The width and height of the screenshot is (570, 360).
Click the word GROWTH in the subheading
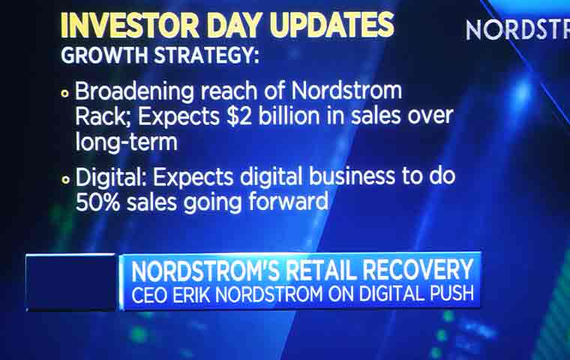(x=105, y=55)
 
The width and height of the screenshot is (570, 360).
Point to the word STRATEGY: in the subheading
(x=206, y=55)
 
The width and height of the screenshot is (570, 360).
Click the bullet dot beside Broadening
(x=65, y=94)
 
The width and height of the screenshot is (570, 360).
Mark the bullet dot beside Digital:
(x=65, y=180)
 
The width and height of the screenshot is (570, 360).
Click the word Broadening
(x=134, y=91)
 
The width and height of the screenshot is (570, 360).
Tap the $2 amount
(x=238, y=116)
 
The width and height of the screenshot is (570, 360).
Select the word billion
(x=289, y=115)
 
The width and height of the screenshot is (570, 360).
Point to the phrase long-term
(x=127, y=141)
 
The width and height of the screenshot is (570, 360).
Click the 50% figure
(x=97, y=202)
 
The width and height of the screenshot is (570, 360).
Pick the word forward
(x=289, y=201)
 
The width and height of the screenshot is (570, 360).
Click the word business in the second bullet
(x=352, y=176)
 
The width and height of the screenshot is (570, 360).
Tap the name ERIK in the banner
(x=191, y=294)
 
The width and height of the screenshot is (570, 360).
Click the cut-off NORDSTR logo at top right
(x=517, y=30)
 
